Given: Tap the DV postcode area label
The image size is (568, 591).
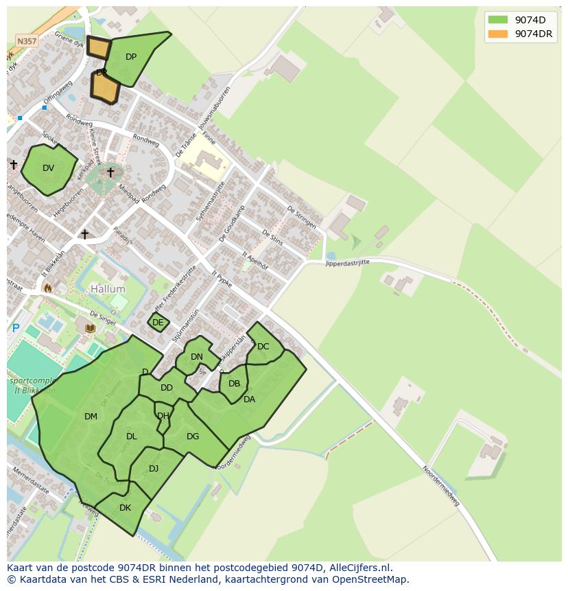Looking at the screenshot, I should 48,168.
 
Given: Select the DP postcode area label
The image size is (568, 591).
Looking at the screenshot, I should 131,57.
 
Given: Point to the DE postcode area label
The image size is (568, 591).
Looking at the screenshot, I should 158,323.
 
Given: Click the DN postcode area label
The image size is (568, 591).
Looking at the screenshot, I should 197,356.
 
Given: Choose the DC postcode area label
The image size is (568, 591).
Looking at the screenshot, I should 263,347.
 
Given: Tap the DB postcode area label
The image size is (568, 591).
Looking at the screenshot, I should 235,384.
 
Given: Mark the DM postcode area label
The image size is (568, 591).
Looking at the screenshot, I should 91,416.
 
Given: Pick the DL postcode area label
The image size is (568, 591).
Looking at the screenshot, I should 132,436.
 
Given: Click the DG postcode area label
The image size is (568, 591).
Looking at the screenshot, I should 193,436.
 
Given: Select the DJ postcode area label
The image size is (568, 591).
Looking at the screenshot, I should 154,469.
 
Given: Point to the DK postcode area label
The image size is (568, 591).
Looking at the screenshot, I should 125,508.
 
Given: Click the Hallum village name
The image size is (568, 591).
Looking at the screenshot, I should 108,290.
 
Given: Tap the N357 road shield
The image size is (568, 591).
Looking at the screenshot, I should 27,41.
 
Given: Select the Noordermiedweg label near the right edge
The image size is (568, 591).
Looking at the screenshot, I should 440,486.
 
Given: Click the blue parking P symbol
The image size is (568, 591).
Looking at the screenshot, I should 16,328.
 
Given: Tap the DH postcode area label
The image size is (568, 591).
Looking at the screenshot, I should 163,416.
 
